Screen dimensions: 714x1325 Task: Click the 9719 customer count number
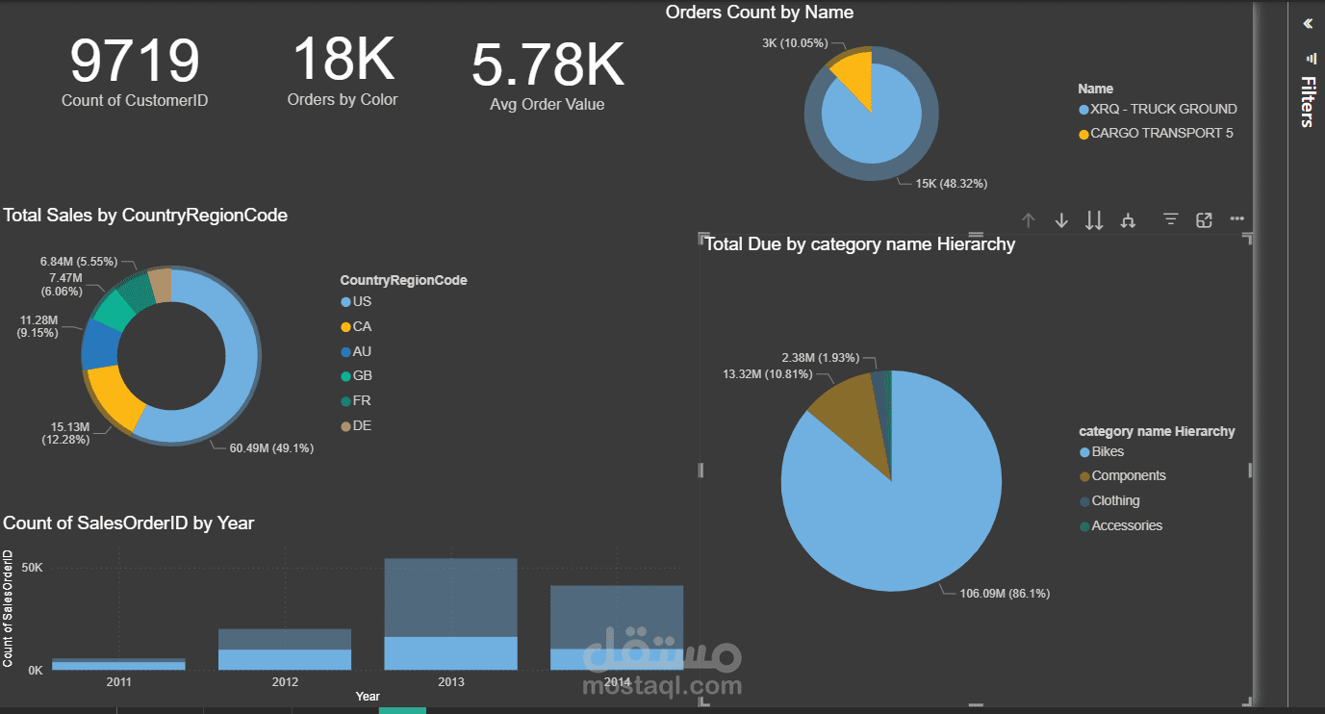pos(135,61)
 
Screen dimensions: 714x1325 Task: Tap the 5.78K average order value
pos(547,65)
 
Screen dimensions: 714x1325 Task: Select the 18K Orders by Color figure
pos(343,59)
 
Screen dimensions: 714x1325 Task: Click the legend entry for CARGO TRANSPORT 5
pos(1160,134)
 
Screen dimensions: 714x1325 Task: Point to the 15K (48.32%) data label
pos(951,183)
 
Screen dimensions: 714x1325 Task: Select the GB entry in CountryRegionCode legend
pos(362,375)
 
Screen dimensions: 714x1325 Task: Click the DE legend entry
pos(362,425)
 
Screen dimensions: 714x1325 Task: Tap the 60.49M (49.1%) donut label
pos(271,447)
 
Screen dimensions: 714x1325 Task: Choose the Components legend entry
pos(1128,475)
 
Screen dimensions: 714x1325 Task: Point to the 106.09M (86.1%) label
pos(1005,594)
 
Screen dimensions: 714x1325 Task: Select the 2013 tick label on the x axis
pos(450,682)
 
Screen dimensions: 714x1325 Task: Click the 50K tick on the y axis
pos(33,568)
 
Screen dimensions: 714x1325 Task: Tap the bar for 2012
pos(285,650)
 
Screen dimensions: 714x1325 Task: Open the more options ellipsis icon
pos(1237,220)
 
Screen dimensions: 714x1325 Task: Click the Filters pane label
pos(1307,101)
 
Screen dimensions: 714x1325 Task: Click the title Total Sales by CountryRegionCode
pos(145,216)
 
